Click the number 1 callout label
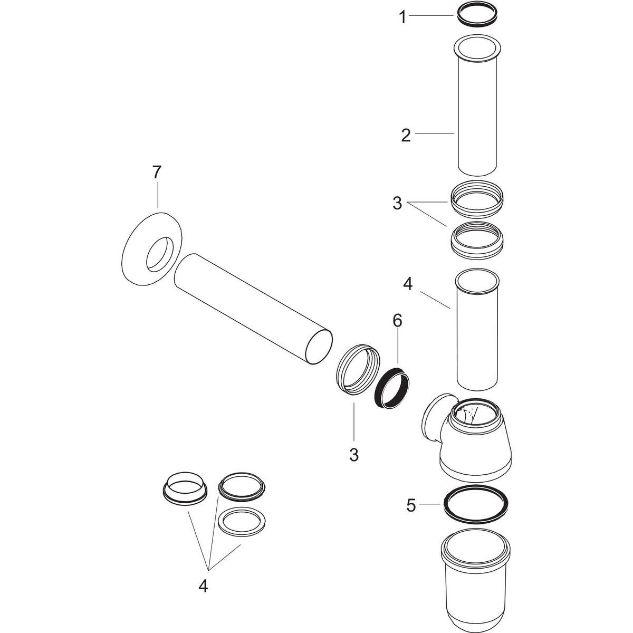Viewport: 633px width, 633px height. [x=402, y=18]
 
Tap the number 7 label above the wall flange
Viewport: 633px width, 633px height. [x=157, y=172]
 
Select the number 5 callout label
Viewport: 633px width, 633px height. [x=411, y=505]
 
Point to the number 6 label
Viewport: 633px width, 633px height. [x=397, y=320]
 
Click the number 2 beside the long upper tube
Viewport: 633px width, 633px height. [x=405, y=135]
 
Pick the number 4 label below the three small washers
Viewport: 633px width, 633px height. [x=203, y=586]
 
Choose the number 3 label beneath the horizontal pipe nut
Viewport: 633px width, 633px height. [x=353, y=454]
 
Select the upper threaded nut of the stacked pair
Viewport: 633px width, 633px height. [x=477, y=198]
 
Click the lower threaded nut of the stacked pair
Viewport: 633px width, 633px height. [x=477, y=240]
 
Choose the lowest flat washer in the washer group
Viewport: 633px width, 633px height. [x=242, y=522]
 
